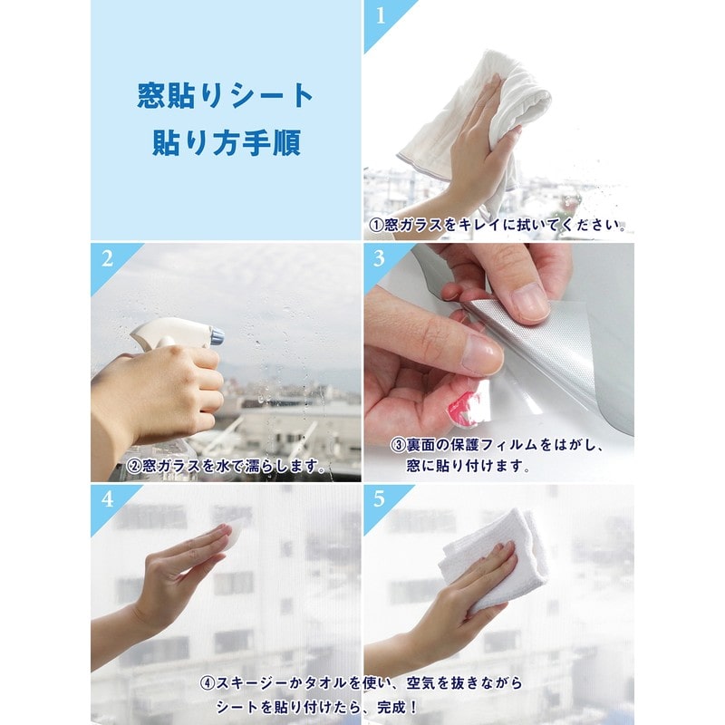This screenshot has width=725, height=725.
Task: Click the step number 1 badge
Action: click(381, 15)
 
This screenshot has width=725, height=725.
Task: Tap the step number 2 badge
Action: click(107, 258)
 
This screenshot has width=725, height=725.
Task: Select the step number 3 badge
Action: click(381, 258)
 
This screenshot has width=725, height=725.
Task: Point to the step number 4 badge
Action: click(107, 500)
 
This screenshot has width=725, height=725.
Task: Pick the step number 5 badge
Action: click(381, 500)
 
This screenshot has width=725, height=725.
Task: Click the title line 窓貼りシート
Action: click(226, 95)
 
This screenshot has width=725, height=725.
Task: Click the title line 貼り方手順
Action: click(226, 144)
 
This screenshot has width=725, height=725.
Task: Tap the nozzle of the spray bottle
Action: click(216, 337)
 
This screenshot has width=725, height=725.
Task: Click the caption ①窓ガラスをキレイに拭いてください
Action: click(498, 225)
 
